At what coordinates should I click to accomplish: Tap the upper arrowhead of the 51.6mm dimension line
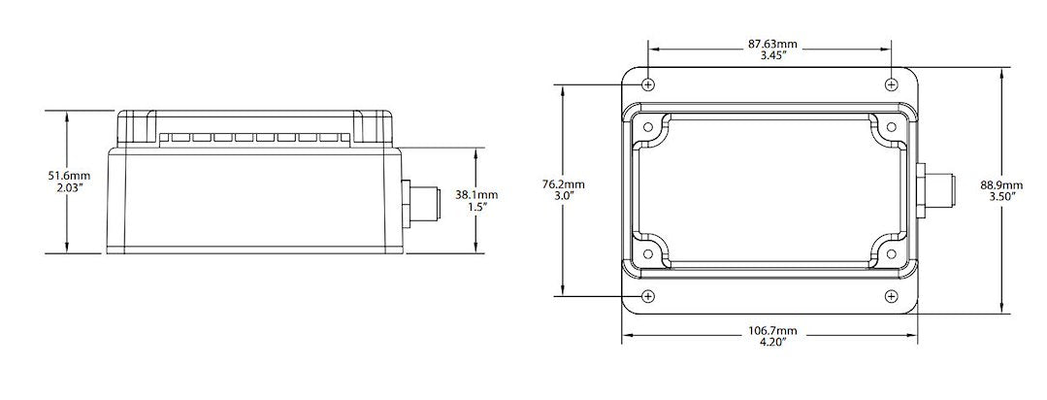(67, 115)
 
